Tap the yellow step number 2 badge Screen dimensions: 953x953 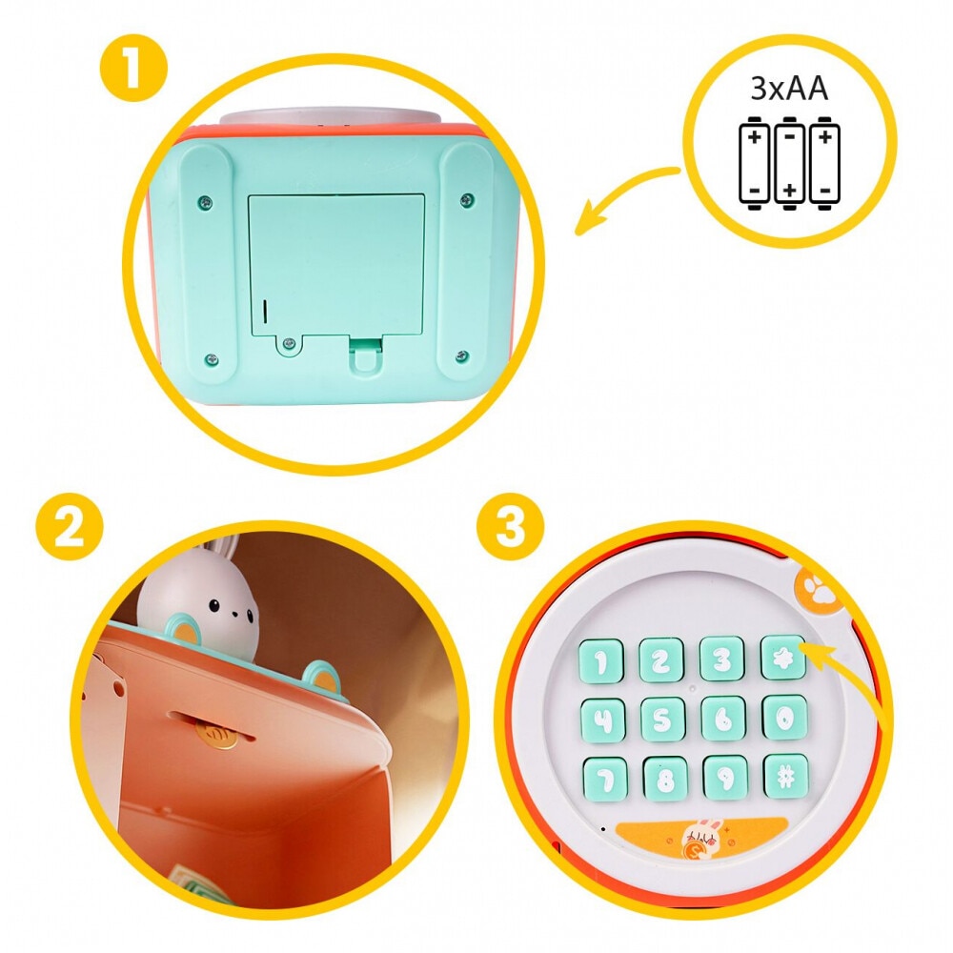tap(69, 528)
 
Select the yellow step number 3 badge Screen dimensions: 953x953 tap(511, 527)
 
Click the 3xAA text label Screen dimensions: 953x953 tap(789, 89)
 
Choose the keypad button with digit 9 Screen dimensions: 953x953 tap(725, 777)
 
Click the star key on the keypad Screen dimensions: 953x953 tap(783, 658)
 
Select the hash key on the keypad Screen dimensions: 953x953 tap(785, 776)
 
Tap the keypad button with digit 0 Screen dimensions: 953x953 tap(784, 717)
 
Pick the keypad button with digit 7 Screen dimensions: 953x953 tap(604, 779)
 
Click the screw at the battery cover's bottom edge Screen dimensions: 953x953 tap(288, 346)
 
